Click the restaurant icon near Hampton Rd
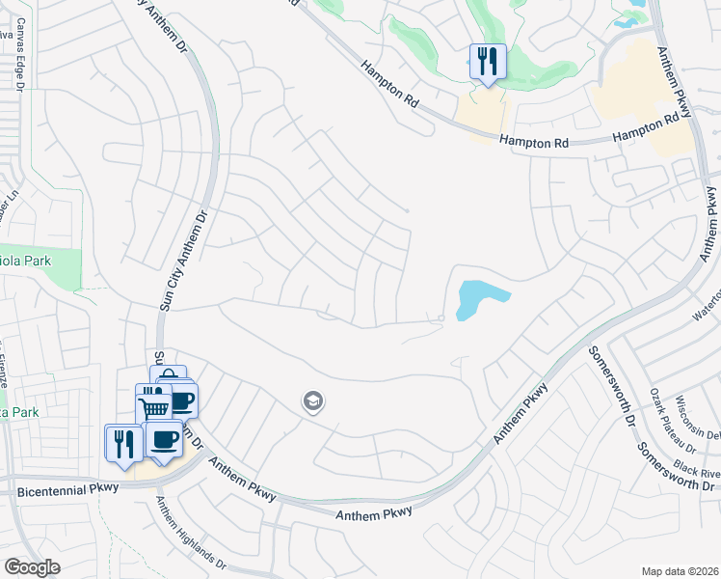(487, 62)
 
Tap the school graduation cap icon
(312, 400)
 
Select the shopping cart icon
(153, 405)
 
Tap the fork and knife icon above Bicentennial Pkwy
(122, 443)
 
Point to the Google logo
(33, 566)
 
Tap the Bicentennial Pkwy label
(68, 489)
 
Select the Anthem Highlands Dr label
(191, 538)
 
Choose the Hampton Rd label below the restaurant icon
(535, 141)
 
